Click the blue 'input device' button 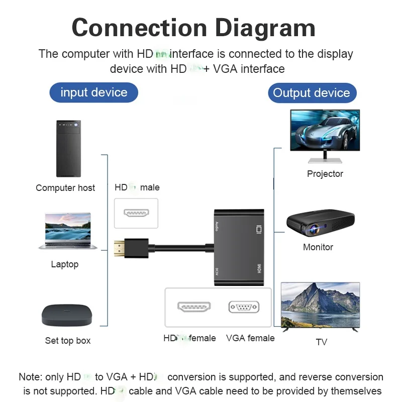point(93,92)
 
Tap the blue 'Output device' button point(311,93)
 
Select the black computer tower point(68,148)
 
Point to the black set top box point(67,316)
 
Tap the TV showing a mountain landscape point(320,306)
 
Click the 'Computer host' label point(65,188)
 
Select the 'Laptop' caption point(65,264)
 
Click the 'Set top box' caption point(68,341)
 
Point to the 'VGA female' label point(250,338)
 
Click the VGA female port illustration point(244,307)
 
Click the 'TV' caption point(321,342)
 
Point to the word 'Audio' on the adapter point(217,225)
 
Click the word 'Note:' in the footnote point(30,377)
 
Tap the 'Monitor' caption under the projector point(318,247)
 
